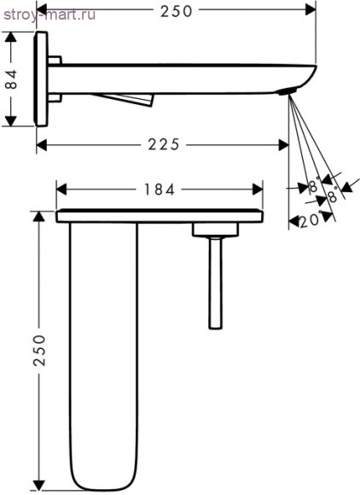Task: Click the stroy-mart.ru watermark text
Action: tap(49, 15)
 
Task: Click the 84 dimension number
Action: tap(12, 79)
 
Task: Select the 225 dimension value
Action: tap(164, 145)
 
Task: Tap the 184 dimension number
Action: tap(160, 189)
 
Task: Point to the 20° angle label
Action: tap(310, 221)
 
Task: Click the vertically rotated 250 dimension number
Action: tap(40, 351)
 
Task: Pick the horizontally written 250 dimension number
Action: tap(176, 12)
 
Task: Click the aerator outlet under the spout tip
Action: tap(287, 91)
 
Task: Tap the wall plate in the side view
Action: tap(41, 79)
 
